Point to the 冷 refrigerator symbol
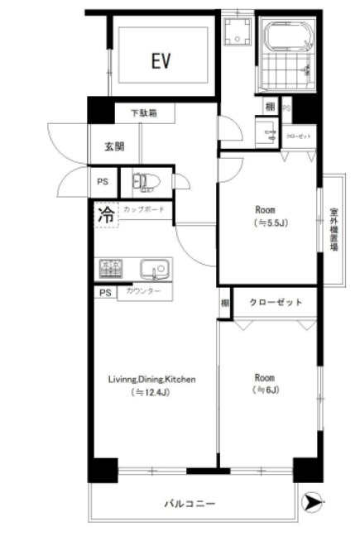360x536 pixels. pyautogui.click(x=106, y=214)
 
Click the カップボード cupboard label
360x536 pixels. pyautogui.click(x=143, y=210)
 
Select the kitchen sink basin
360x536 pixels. pyautogui.click(x=153, y=269)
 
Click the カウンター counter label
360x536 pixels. pyautogui.click(x=144, y=292)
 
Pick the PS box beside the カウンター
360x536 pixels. pyautogui.click(x=105, y=293)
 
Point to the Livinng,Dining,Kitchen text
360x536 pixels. pyautogui.click(x=151, y=380)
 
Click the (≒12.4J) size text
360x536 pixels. pyautogui.click(x=151, y=394)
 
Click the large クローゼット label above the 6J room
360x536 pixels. pyautogui.click(x=274, y=303)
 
